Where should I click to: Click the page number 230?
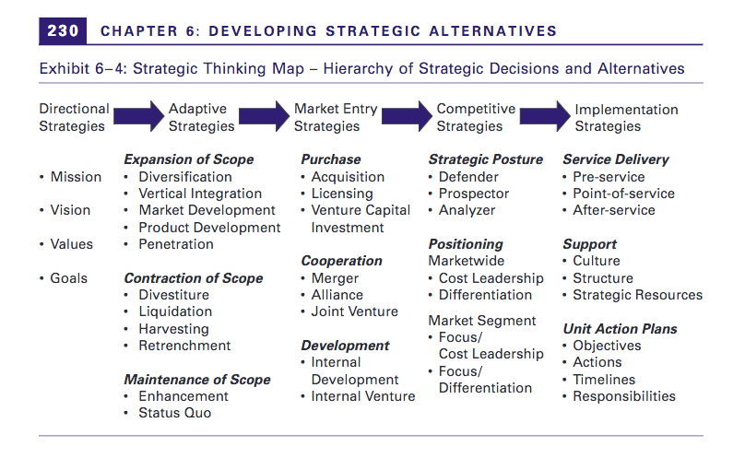point(63,31)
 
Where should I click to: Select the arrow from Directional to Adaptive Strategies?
point(138,116)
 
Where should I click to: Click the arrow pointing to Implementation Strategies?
point(545,116)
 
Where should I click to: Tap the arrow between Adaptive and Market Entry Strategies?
point(264,116)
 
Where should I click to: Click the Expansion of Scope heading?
point(189,159)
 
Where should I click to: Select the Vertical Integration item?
point(200,194)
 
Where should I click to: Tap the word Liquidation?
point(175,311)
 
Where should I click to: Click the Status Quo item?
point(175,413)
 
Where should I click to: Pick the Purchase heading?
point(331,159)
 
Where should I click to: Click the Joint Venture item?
point(354,311)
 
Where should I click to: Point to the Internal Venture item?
point(363,396)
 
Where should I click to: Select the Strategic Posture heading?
point(486,159)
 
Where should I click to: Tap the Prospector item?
point(474,194)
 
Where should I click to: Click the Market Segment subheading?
point(482,322)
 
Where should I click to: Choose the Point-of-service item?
point(623,194)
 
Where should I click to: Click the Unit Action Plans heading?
point(620,329)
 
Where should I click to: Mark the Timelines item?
point(604,380)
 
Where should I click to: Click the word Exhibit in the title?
point(65,69)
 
